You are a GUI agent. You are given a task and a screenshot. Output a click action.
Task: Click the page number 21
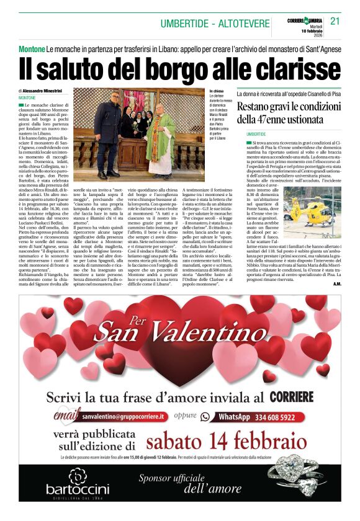(335, 20)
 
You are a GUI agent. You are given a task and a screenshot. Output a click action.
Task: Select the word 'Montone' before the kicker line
(31, 48)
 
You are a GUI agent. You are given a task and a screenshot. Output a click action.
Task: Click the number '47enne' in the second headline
(277, 119)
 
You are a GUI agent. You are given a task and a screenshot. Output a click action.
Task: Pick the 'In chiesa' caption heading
(217, 91)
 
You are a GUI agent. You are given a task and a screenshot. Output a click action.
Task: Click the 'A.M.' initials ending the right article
(336, 283)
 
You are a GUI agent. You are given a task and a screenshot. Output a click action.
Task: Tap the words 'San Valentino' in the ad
(179, 332)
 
